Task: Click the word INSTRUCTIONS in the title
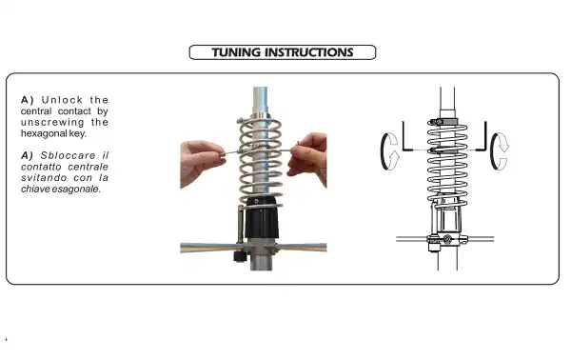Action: click(309, 52)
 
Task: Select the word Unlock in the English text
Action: click(62, 100)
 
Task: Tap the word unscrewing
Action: click(52, 123)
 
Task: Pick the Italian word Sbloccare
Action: click(69, 155)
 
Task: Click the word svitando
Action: click(44, 178)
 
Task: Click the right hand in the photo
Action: click(307, 157)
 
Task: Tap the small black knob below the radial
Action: click(240, 256)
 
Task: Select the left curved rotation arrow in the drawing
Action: click(388, 151)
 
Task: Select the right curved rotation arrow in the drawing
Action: click(500, 151)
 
